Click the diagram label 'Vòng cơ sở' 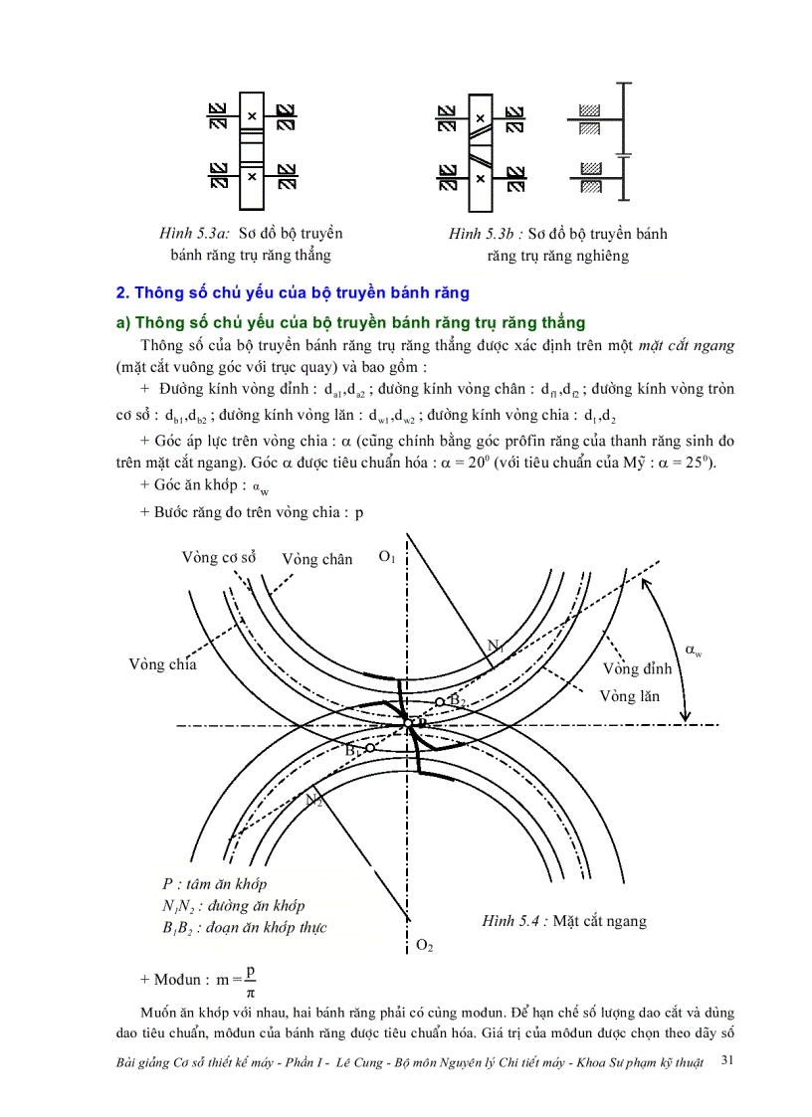(x=219, y=557)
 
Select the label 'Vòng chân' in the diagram (x=316, y=559)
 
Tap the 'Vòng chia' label (x=162, y=664)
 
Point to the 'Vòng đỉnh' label (x=637, y=668)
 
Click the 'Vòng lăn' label (x=630, y=696)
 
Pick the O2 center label (x=424, y=945)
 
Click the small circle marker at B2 (x=440, y=702)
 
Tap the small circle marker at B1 (x=369, y=748)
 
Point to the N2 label (x=313, y=800)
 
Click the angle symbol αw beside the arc (x=694, y=652)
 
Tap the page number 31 (x=726, y=1061)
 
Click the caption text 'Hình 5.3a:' (x=195, y=234)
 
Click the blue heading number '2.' (x=123, y=293)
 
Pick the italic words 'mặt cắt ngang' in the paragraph (x=687, y=345)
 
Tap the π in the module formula (x=249, y=991)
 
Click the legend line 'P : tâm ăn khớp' (x=214, y=883)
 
